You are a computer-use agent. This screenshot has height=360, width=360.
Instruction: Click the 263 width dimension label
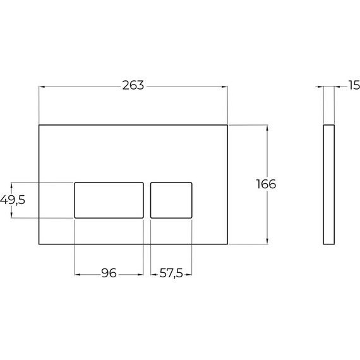coord(133,85)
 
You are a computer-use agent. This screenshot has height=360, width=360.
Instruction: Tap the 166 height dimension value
coord(266,184)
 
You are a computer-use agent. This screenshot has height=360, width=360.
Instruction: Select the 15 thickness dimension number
coord(353,85)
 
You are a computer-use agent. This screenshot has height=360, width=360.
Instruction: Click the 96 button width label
coord(109,274)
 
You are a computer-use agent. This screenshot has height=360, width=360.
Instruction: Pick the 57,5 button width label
coord(171,274)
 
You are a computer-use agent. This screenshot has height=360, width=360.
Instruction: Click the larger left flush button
coord(109,200)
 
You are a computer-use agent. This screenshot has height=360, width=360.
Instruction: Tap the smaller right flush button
coord(171,200)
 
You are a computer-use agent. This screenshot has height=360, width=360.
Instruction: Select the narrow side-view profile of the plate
coord(328,184)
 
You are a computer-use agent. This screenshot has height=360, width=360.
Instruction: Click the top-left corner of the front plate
coord(39,124)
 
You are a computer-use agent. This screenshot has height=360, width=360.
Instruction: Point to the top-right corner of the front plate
coord(227,124)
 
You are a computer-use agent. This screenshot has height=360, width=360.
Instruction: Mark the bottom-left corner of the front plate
coord(39,243)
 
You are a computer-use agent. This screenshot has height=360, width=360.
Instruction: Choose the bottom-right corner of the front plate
coord(227,243)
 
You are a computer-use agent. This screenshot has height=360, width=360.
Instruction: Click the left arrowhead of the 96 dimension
coord(78,274)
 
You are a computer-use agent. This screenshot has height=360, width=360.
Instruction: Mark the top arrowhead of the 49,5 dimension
coord(11,184)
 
